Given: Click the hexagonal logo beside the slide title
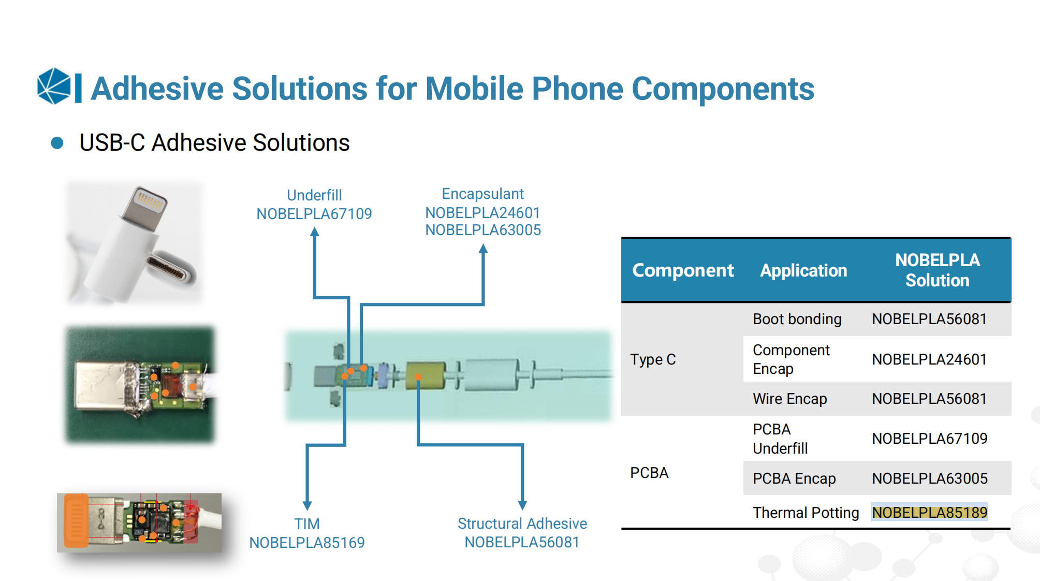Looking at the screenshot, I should coord(54,86).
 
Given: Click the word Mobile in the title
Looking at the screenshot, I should coord(474,89).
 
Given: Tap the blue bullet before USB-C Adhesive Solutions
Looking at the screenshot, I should coord(57,143).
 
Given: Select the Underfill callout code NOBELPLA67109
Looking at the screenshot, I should coord(314,214).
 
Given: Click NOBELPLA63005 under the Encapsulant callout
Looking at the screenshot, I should coord(483,230).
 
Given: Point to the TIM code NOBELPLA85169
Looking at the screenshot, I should coord(307,543).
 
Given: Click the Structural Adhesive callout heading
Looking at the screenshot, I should coord(522,524).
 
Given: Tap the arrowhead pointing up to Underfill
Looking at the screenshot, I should coord(314,233).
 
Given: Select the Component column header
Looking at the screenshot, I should coord(683,270).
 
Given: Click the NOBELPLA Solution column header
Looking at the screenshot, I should coord(937,270).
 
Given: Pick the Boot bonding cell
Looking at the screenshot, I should coord(797,319).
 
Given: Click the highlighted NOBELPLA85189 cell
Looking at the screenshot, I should coord(929,513).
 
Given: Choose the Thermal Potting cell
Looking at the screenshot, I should coord(806,513).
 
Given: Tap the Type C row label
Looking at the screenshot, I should coord(653,359).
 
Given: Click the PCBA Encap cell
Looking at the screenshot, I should coord(794,478).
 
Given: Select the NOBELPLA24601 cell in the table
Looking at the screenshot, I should coord(929,359).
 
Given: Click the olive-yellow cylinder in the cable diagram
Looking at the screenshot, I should coord(426,376).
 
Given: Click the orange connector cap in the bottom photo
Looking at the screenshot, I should coord(76,520).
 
